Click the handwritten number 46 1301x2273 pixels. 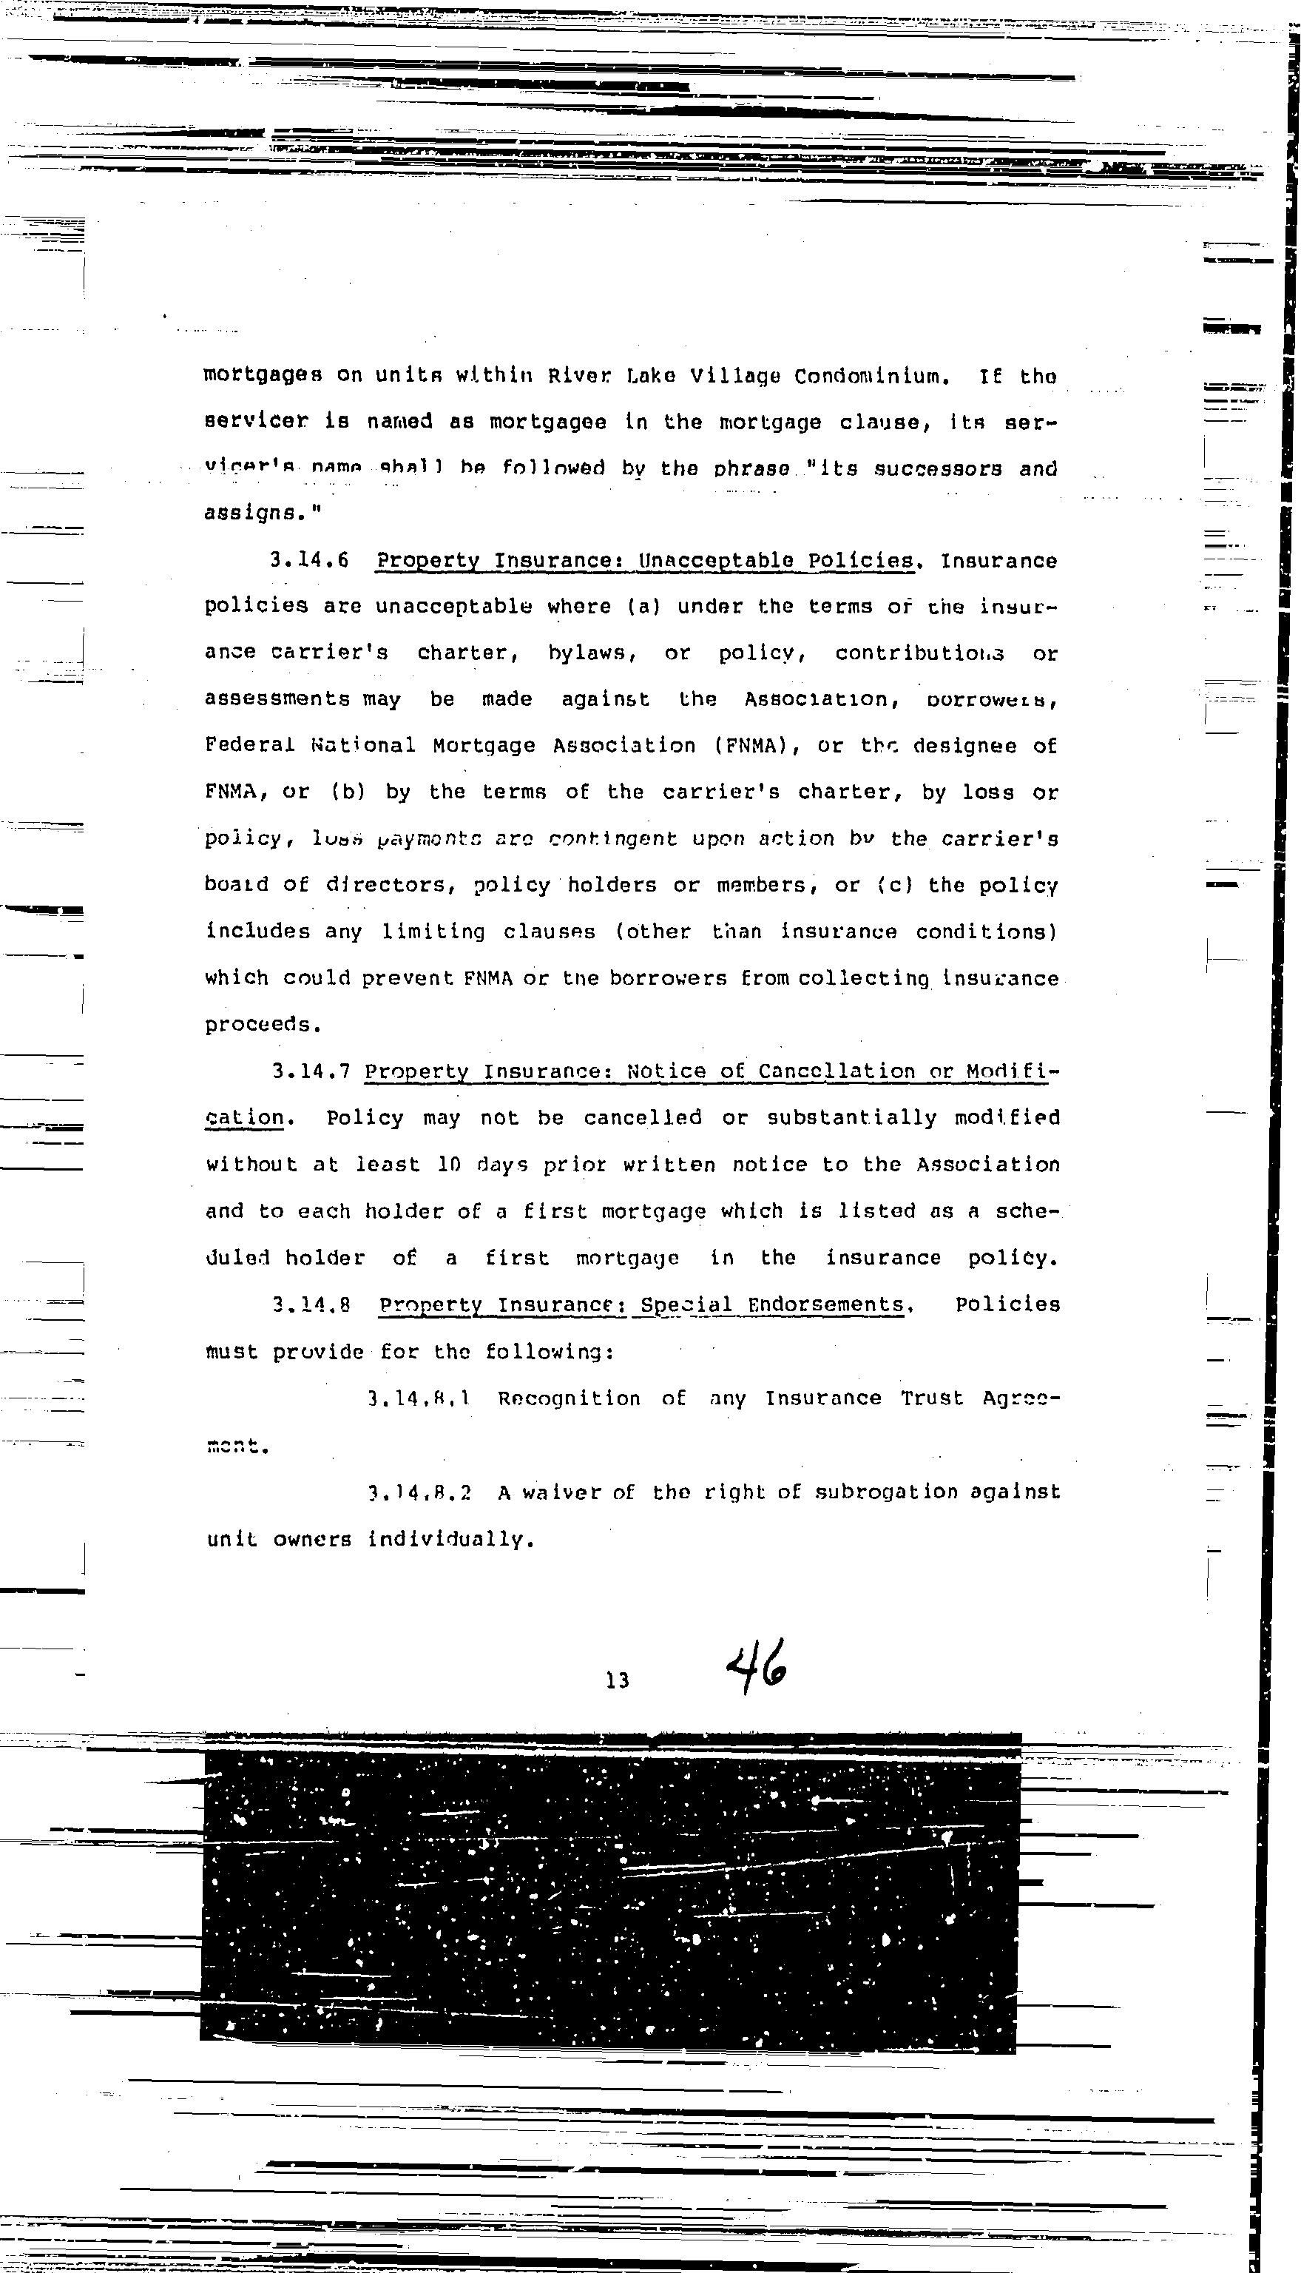[756, 1667]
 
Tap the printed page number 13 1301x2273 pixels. [617, 1680]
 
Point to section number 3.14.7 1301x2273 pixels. [310, 1071]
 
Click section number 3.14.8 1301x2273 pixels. [310, 1304]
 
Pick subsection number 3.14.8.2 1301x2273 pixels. [419, 1492]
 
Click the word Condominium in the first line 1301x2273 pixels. [869, 377]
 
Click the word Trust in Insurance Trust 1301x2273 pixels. [931, 1398]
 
